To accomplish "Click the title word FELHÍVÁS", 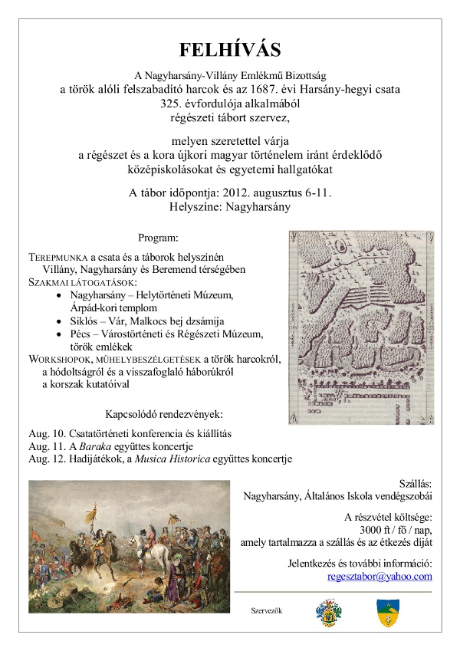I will pos(230,51).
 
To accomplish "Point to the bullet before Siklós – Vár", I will pos(61,321).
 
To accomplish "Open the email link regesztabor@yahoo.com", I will pos(379,576).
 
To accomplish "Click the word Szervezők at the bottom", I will pos(267,610).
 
